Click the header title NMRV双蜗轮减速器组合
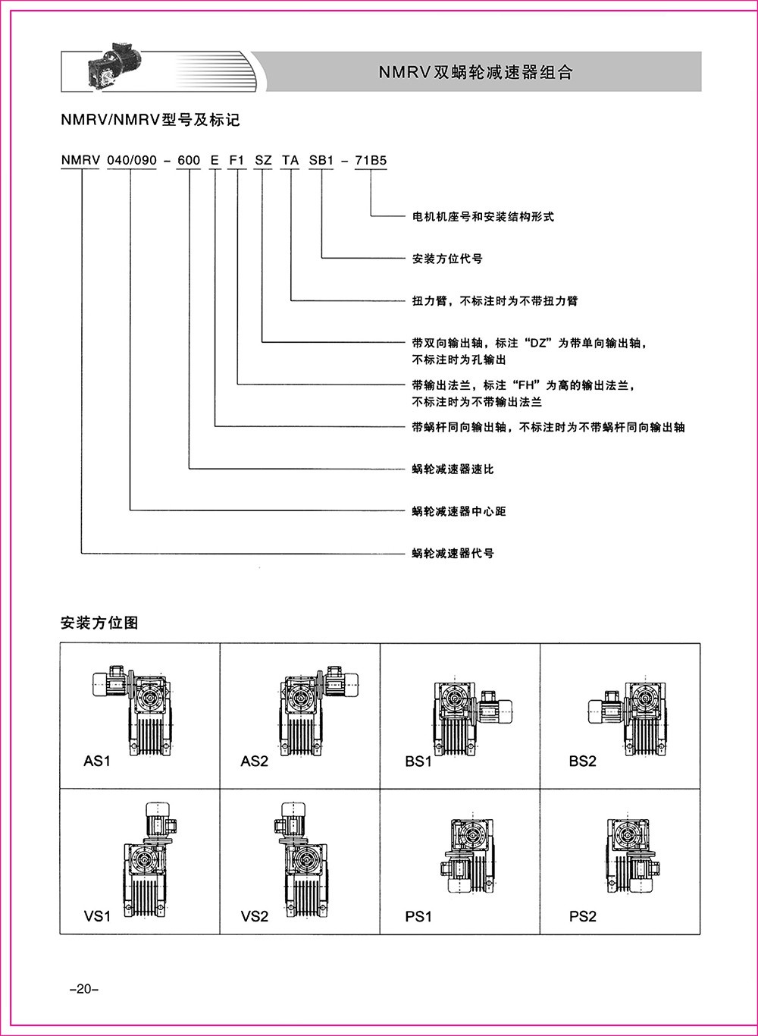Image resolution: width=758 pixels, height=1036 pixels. (475, 72)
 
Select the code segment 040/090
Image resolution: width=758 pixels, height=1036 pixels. (131, 161)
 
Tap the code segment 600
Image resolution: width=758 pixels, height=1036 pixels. (188, 161)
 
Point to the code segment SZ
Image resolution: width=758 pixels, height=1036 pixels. (262, 161)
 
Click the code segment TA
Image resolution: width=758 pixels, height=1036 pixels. (290, 161)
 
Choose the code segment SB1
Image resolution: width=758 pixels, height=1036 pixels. (321, 161)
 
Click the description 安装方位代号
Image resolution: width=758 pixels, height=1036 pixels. (447, 259)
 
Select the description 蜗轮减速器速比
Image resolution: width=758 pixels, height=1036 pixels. (453, 469)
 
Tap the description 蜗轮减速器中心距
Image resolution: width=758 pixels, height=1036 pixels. (459, 512)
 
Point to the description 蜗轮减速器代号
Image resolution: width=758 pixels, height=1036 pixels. (453, 554)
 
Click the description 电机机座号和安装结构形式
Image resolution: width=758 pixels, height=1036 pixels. (483, 217)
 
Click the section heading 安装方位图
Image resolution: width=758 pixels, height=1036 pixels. (99, 623)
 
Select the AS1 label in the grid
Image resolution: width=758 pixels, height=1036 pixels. (97, 761)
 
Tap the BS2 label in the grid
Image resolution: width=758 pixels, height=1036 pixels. (582, 761)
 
